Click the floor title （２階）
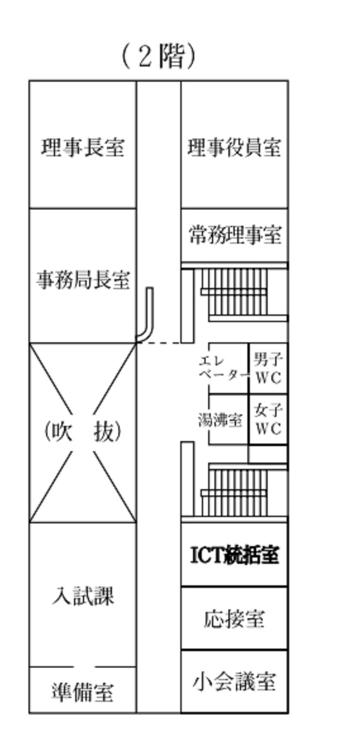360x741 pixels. pos(158,58)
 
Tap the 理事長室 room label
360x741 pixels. pos(83,147)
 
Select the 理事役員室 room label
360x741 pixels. pos(234,147)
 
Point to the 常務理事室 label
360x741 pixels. pos(235,235)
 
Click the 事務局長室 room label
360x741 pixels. pos(83,280)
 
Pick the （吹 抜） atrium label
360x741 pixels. pos(83,431)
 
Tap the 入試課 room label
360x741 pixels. pos(83,596)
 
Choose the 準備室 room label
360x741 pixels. pos(83,692)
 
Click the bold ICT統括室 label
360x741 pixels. pos(234,555)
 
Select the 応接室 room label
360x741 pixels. pos(234,619)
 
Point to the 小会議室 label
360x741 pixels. pos(234,682)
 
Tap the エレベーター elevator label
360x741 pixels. pos(223,369)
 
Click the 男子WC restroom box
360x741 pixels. pos(268,368)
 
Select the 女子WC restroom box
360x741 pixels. pos(268,419)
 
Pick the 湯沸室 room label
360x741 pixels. pos(221,420)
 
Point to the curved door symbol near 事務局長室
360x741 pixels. pos(146,314)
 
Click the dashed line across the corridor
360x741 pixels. pos(159,342)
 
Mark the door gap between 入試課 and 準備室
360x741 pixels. pos(84,667)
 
